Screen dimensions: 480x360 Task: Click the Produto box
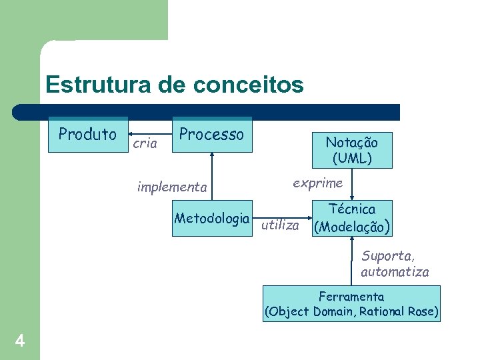[87, 135]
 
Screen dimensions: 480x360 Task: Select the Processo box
[212, 135]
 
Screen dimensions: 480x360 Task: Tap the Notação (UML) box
[351, 150]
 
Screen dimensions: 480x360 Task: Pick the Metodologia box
[212, 218]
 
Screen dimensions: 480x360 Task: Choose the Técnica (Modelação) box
[352, 218]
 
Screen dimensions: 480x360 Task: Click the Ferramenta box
[351, 304]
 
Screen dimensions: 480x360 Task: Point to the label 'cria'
[145, 143]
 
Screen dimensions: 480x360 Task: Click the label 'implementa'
[172, 187]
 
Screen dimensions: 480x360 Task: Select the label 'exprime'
[318, 182]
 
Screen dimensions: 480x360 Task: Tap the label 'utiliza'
[280, 225]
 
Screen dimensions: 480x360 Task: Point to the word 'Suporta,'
[389, 255]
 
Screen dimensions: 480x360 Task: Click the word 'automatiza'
[395, 271]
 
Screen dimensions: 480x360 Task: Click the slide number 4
[20, 341]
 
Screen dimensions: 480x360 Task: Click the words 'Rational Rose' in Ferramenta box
[398, 311]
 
